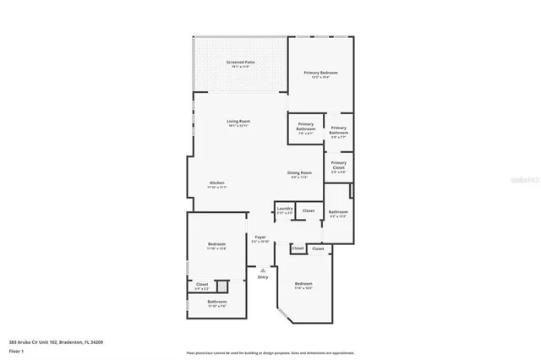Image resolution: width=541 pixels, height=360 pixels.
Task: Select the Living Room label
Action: [238, 123]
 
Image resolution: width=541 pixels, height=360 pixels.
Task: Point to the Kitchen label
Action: [217, 185]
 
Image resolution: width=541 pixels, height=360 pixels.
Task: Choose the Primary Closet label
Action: [339, 165]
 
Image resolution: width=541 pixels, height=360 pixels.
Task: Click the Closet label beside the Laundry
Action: [309, 210]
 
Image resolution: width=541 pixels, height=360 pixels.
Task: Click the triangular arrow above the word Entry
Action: [262, 270]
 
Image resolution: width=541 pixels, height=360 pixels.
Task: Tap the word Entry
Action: [262, 277]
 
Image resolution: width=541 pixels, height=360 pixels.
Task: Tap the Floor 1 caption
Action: [16, 350]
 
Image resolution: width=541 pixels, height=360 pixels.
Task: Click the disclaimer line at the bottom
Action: [271, 352]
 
